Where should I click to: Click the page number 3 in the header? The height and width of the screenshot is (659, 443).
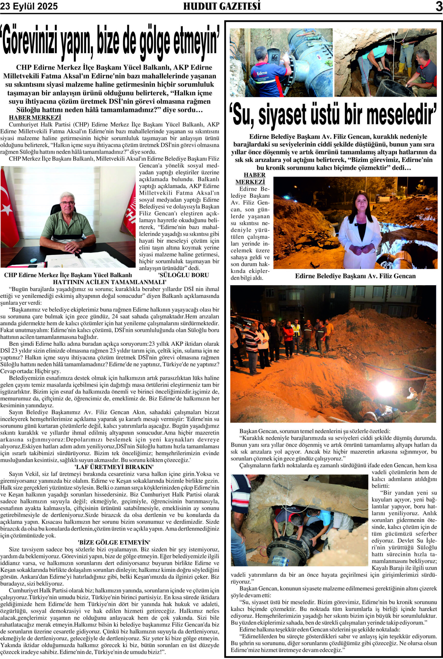(x=438, y=6)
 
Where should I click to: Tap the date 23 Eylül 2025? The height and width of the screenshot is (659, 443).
(x=29, y=6)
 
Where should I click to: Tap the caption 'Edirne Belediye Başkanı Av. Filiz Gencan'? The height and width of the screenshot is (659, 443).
(x=355, y=276)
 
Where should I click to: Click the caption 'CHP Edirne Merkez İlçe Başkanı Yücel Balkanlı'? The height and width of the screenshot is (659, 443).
(x=68, y=275)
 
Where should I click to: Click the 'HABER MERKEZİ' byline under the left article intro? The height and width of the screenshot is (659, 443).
(x=35, y=117)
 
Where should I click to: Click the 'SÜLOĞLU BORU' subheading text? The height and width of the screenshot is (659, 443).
(x=184, y=275)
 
